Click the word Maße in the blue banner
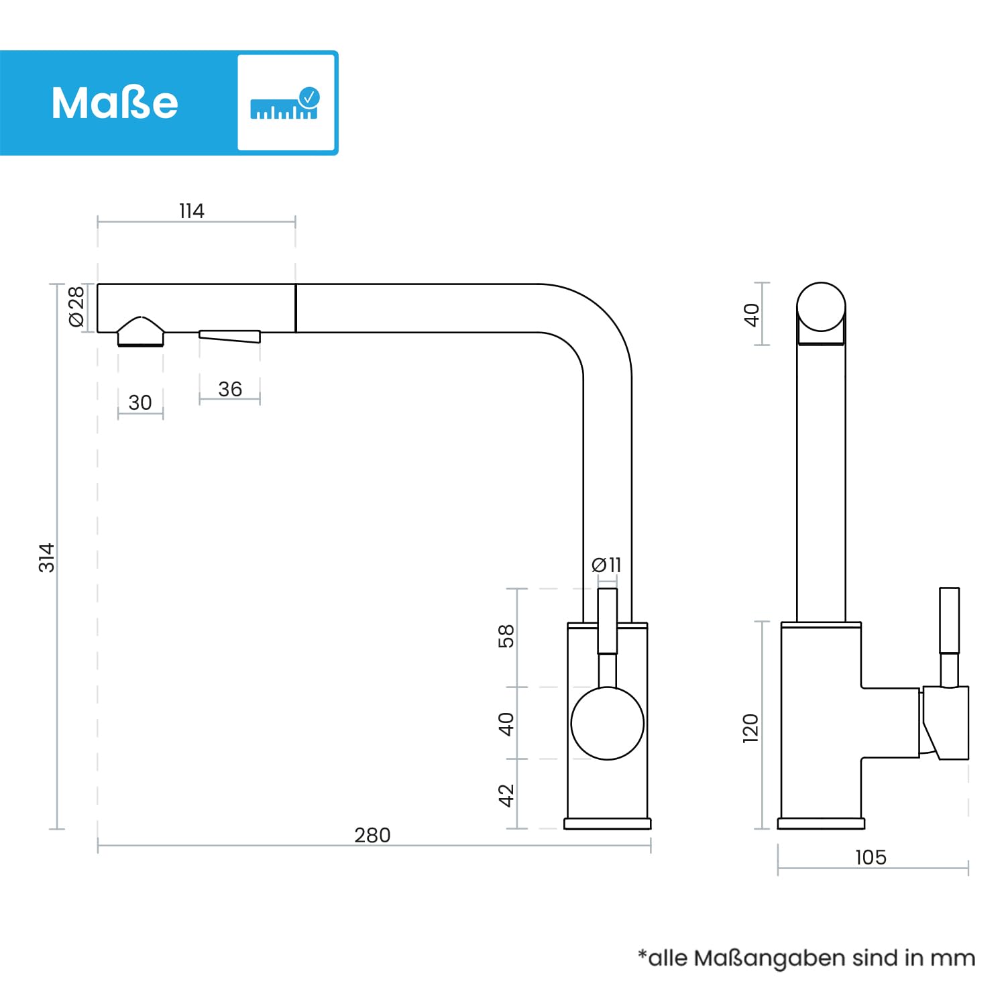(115, 103)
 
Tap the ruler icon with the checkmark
(285, 103)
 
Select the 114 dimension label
(192, 211)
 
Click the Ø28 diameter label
(76, 306)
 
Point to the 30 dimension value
(140, 402)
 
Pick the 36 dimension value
(230, 389)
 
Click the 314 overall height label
(46, 557)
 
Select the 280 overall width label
(372, 835)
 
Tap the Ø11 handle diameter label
(606, 565)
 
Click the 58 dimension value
(506, 636)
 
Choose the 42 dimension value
(506, 795)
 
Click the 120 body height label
(750, 728)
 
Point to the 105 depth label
(871, 857)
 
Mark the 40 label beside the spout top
(751, 315)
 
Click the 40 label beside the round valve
(506, 724)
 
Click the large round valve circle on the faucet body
(608, 723)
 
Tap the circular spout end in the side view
(821, 307)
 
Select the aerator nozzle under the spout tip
(141, 331)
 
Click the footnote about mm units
(806, 958)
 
